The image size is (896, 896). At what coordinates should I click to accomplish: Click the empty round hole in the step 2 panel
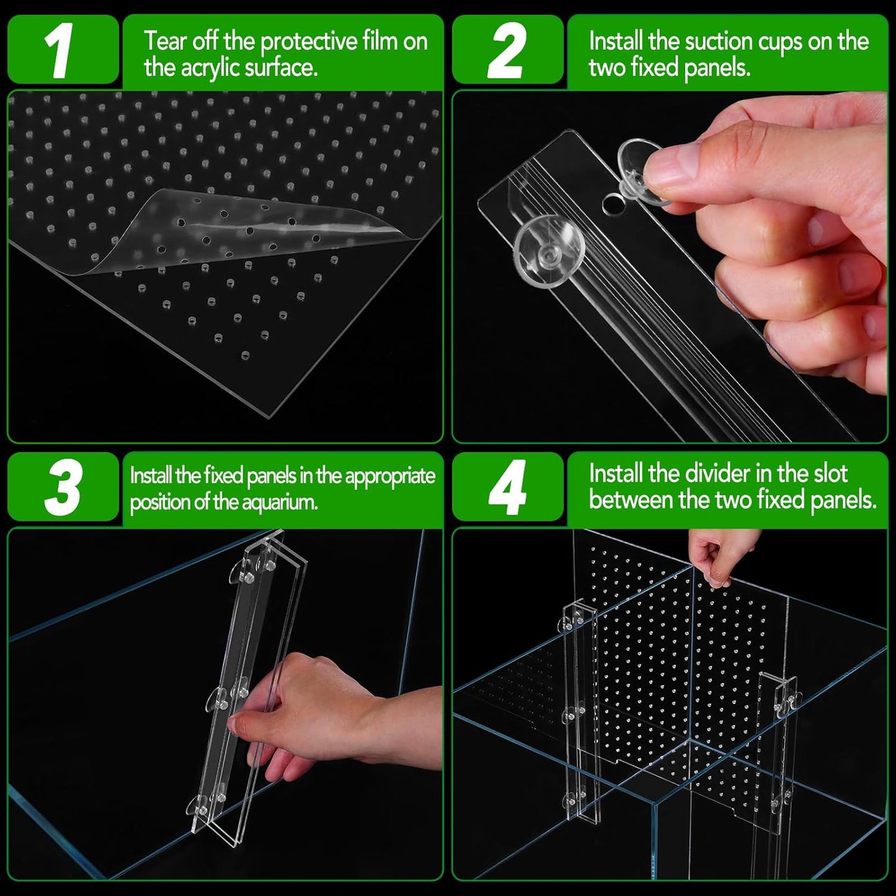[x=613, y=204]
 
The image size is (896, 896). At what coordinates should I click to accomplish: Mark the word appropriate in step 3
[x=390, y=476]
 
